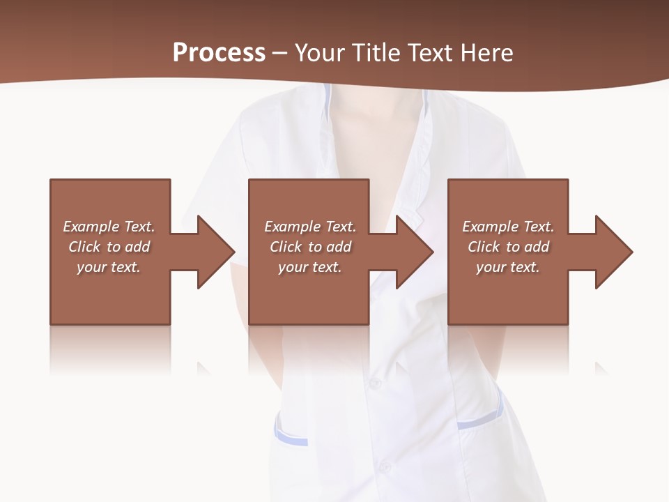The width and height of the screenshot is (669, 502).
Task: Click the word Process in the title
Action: point(219,53)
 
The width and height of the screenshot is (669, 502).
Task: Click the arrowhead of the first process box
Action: point(216,252)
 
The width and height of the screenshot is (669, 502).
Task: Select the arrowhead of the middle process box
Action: point(415,252)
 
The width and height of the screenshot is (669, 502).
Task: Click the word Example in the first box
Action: point(91,227)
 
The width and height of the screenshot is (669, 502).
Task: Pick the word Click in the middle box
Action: point(286,247)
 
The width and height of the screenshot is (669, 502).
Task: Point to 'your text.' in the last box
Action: point(507,267)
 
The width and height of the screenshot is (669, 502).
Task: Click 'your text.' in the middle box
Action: point(309,267)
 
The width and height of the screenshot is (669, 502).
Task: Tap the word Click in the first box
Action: point(84,247)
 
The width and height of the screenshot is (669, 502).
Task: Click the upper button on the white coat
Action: point(375,383)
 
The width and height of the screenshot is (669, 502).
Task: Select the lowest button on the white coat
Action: point(383,466)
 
